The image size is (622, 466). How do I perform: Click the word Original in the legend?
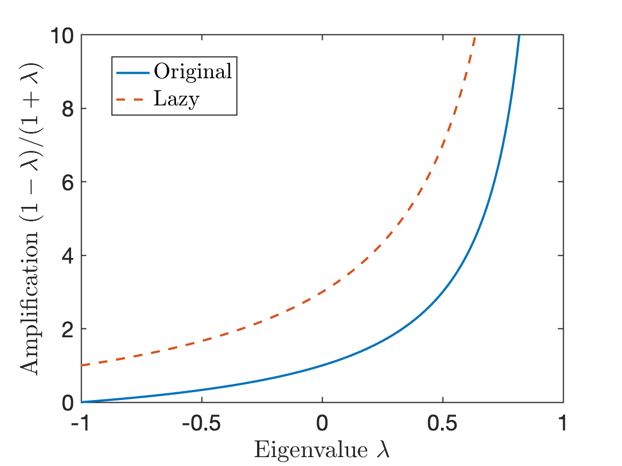(x=193, y=72)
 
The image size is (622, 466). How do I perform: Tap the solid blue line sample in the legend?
(x=132, y=73)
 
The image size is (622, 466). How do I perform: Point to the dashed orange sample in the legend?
(x=132, y=100)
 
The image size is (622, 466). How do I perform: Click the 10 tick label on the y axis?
(x=63, y=36)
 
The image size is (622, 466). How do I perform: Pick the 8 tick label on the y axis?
(x=68, y=109)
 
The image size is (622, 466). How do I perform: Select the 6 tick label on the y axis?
(x=68, y=182)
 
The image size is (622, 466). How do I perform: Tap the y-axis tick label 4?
(x=68, y=256)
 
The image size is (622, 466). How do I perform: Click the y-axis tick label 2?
(x=68, y=329)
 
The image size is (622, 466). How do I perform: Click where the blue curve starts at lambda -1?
(x=82, y=402)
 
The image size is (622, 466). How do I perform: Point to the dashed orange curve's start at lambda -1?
(x=82, y=365)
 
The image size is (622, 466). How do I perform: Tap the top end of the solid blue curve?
(x=519, y=36)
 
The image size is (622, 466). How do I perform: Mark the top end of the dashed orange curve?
(x=475, y=37)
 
